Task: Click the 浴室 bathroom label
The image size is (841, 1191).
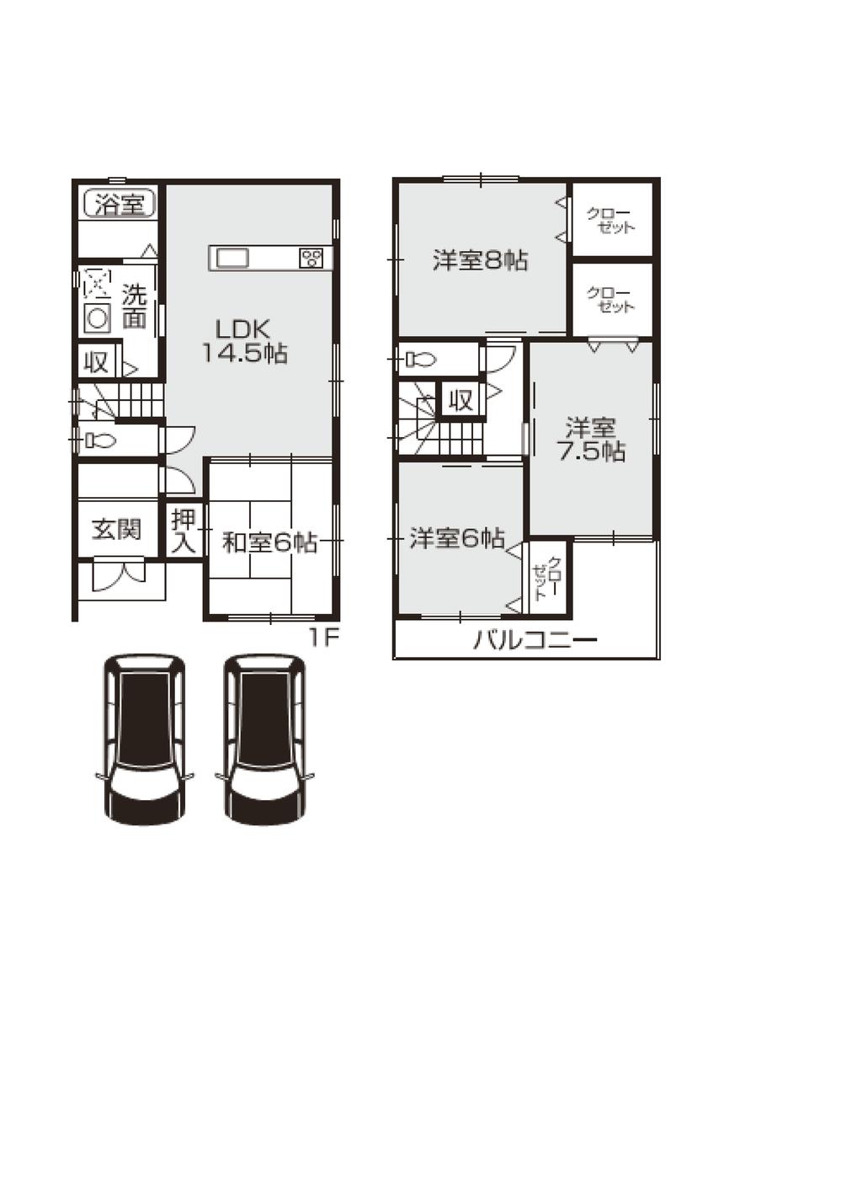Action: coord(120,204)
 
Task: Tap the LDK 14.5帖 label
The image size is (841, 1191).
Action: coord(244,341)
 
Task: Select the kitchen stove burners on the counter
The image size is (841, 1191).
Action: coord(311,259)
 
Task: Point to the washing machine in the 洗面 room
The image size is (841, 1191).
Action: coord(98,318)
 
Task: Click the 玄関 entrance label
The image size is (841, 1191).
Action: coord(117,530)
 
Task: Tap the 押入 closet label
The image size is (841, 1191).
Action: coord(184,531)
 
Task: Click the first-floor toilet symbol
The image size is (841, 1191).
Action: coord(99,440)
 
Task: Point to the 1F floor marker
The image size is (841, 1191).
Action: coord(322,638)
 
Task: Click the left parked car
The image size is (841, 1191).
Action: coord(144,740)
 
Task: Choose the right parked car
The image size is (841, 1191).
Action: coord(264,740)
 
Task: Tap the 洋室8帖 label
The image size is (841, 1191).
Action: coord(481,261)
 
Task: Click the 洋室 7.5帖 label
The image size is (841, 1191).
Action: coord(591,440)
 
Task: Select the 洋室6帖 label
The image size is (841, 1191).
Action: coord(457,538)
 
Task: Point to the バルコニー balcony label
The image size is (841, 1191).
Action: coord(535,641)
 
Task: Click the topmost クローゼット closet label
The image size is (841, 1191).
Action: coord(612,221)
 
